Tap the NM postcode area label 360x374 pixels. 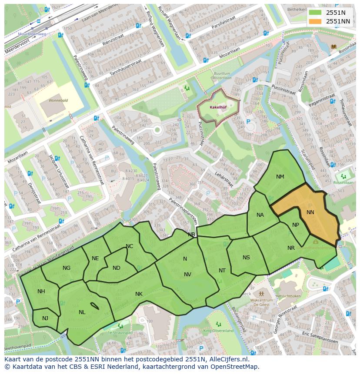[280, 177]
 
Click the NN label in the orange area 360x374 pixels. [310, 212]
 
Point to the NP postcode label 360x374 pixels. [296, 225]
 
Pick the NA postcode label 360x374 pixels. [260, 215]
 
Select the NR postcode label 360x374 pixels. [291, 248]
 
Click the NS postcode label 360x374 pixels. [246, 258]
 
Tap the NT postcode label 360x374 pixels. [222, 271]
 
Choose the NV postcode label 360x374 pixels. [187, 274]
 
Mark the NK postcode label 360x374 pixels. [139, 294]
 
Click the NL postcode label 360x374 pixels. [82, 312]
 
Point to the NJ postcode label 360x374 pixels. [45, 318]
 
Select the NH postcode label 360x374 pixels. [41, 291]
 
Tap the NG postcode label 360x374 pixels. [67, 268]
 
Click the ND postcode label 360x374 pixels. [116, 268]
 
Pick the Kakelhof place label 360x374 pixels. [217, 106]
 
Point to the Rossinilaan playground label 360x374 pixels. [343, 183]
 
